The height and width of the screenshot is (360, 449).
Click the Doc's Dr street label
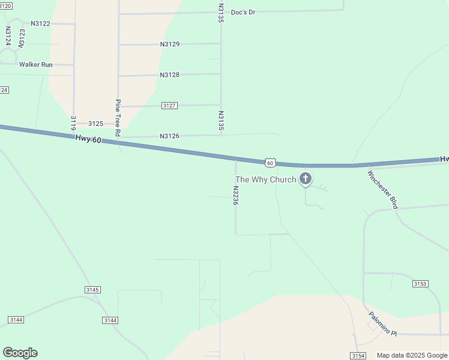[x=243, y=12]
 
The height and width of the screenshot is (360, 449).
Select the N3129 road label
[x=170, y=44]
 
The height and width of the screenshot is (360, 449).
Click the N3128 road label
[x=170, y=75]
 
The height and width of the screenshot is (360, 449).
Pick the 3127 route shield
[x=169, y=106]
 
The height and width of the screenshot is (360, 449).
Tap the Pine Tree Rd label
[x=118, y=118]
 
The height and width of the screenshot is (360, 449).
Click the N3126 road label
[x=170, y=136]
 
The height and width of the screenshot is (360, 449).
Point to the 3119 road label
[x=73, y=123]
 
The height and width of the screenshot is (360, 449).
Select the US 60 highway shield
[x=270, y=163]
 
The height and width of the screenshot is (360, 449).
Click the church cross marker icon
[x=306, y=178]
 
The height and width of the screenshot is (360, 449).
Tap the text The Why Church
[x=266, y=180]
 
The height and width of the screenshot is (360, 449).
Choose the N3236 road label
[x=236, y=196]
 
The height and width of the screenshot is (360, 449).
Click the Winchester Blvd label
[x=383, y=190]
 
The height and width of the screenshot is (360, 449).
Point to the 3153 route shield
[x=420, y=283]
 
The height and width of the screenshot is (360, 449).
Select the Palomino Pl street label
[x=383, y=324]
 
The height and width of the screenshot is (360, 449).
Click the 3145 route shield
[x=92, y=290]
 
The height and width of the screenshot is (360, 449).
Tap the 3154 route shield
[x=358, y=356]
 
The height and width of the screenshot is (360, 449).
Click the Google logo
[x=20, y=353]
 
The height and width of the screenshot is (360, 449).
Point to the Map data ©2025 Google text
[x=412, y=356]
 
